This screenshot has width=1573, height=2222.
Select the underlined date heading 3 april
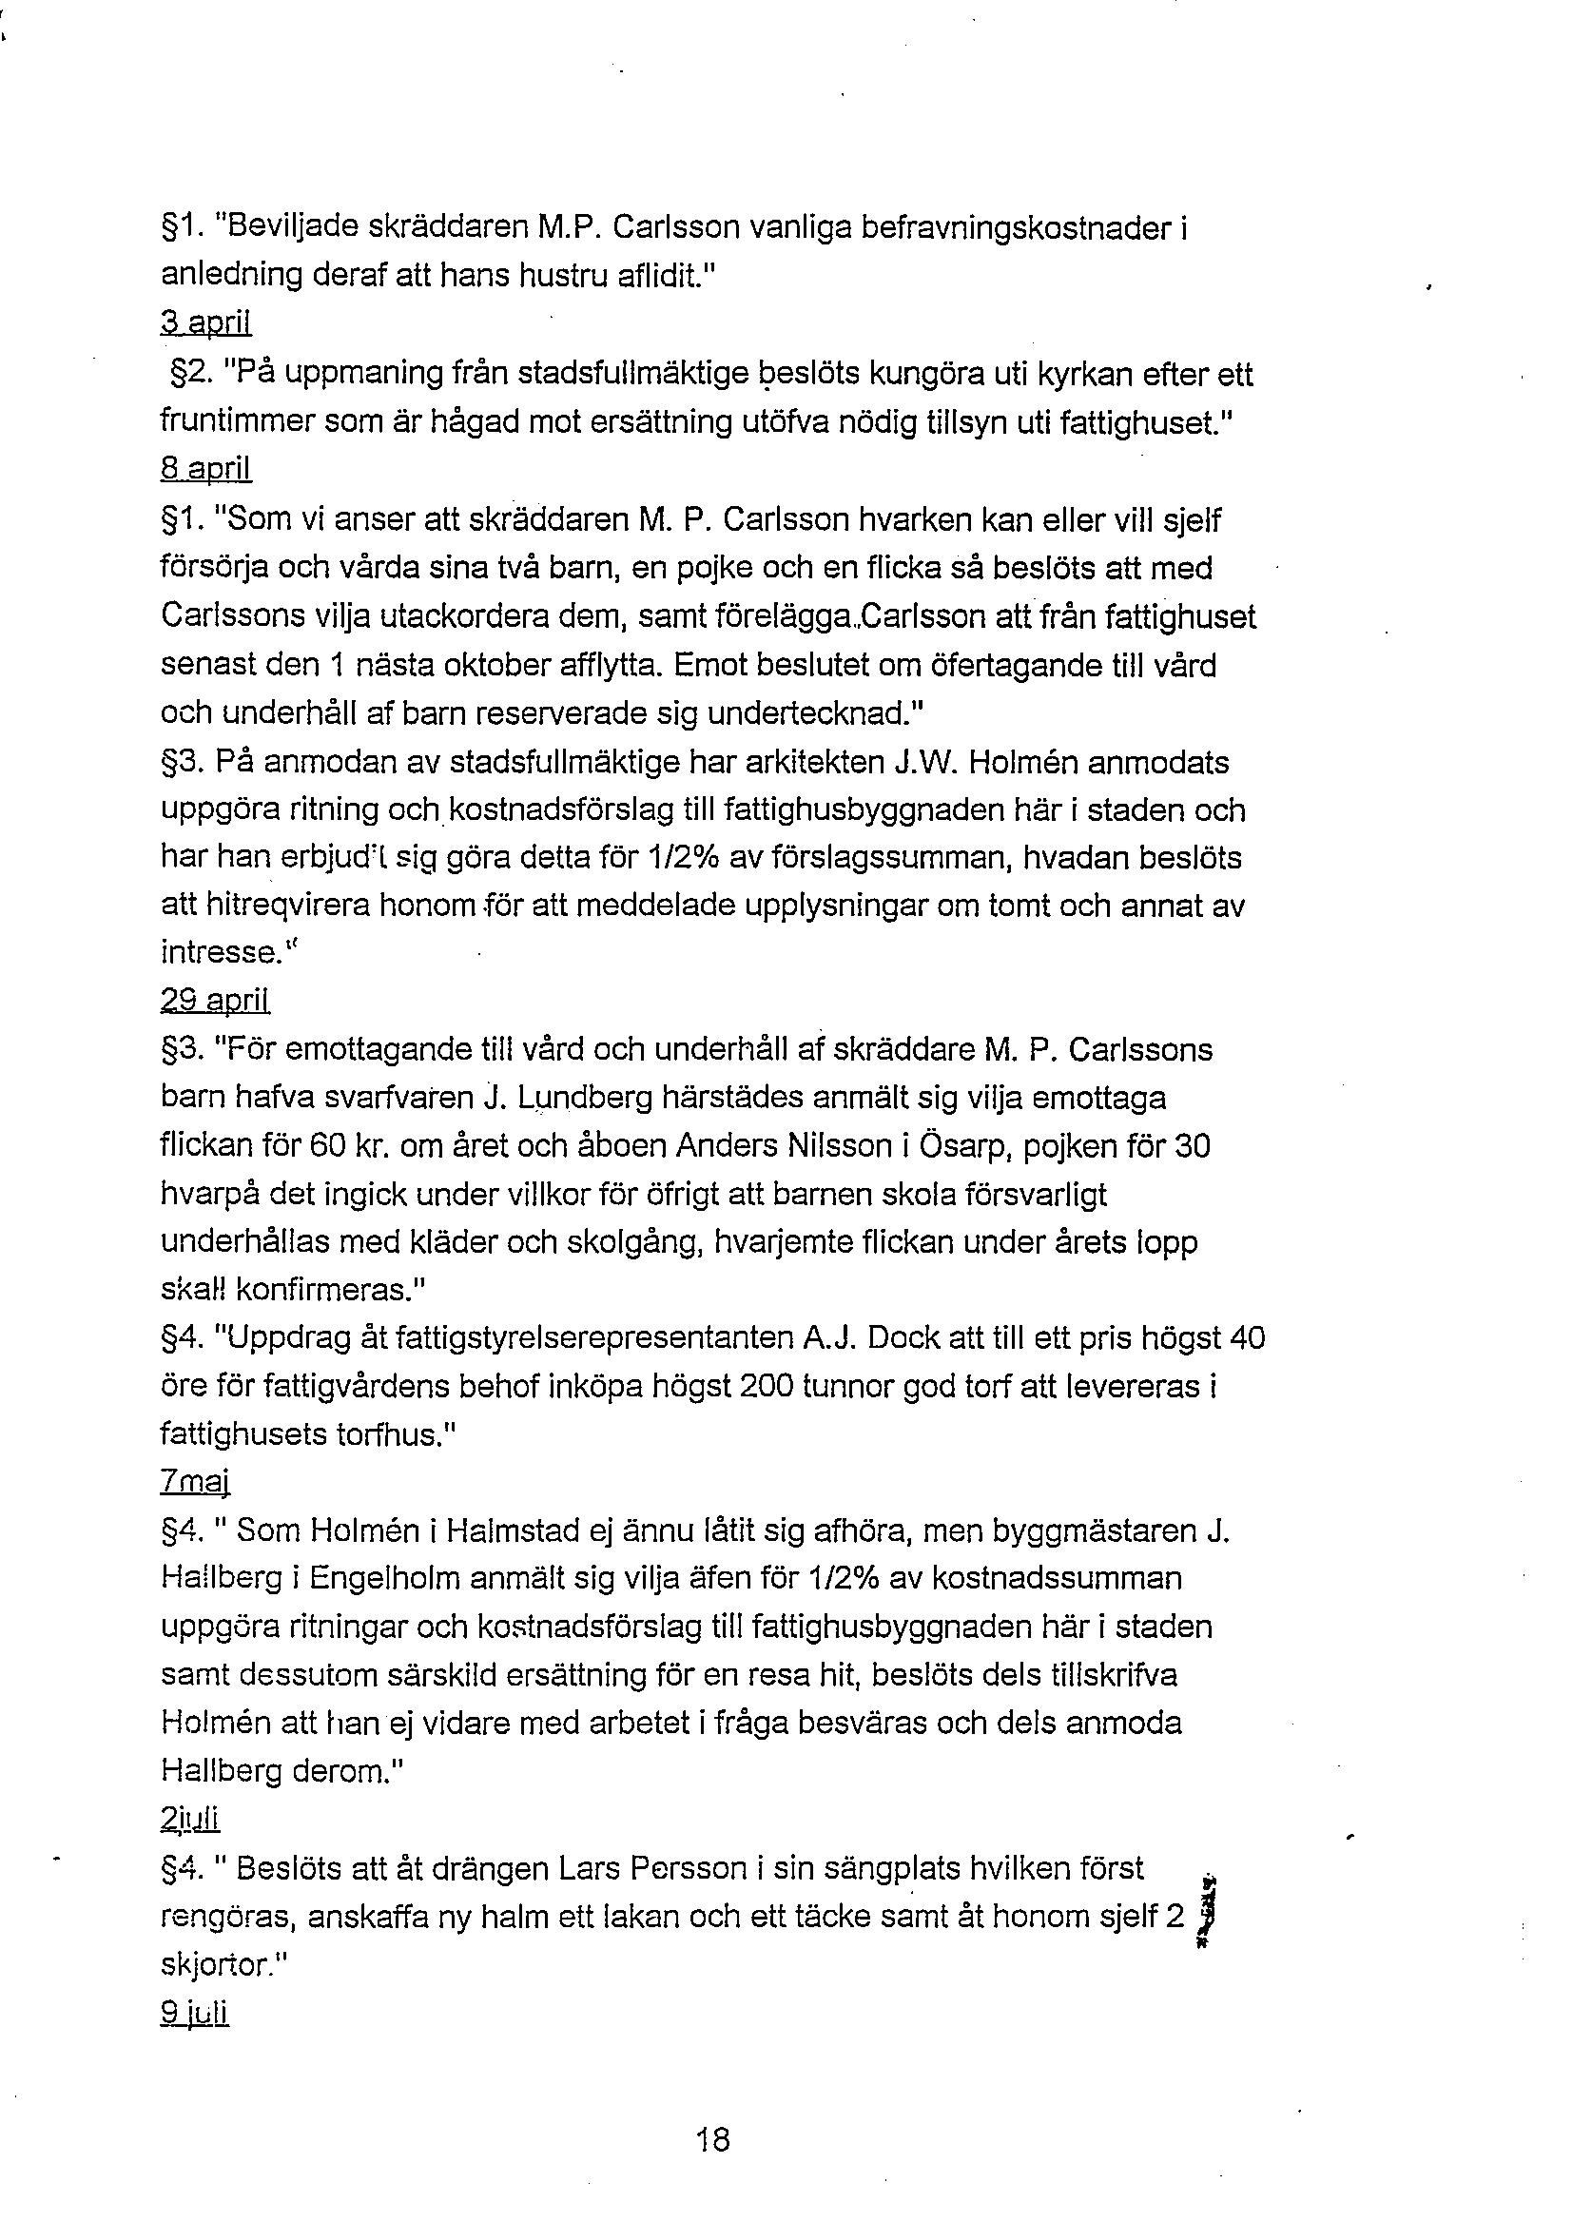[x=206, y=324]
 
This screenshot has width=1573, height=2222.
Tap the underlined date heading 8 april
[x=205, y=470]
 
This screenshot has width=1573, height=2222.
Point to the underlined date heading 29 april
[x=215, y=1001]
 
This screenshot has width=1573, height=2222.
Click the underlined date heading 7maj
[x=195, y=1483]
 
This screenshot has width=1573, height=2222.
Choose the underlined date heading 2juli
[x=191, y=1820]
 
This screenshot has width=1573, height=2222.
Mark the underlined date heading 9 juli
[x=194, y=2014]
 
